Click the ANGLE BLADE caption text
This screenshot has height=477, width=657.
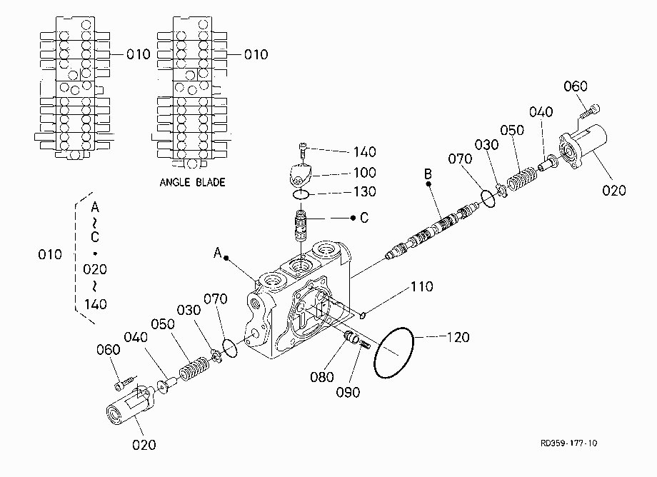192,182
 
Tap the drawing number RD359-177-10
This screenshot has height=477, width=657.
568,443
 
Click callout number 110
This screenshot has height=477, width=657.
421,286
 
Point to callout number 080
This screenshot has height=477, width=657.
322,377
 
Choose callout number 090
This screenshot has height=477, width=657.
348,393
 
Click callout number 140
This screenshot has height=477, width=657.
364,151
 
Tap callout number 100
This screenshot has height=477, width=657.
364,172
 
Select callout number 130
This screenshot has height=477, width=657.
364,191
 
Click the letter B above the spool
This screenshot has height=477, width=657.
428,174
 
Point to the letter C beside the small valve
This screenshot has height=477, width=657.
364,218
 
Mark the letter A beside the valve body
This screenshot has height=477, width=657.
218,253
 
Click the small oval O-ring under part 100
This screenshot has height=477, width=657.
301,194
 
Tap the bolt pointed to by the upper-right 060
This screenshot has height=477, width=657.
590,112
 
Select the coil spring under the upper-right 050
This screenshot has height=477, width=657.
521,178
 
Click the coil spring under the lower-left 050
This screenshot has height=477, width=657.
194,368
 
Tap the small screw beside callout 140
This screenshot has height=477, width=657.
303,150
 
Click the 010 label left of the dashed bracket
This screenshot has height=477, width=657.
50,255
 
